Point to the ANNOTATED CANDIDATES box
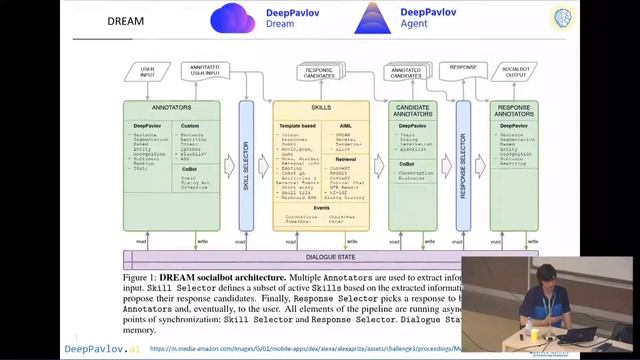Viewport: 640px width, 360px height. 406,73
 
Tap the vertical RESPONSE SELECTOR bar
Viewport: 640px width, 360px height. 463,166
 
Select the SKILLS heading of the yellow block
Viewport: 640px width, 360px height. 320,106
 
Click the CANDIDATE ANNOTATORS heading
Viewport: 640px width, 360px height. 413,109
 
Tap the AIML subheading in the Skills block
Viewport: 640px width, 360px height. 342,124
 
